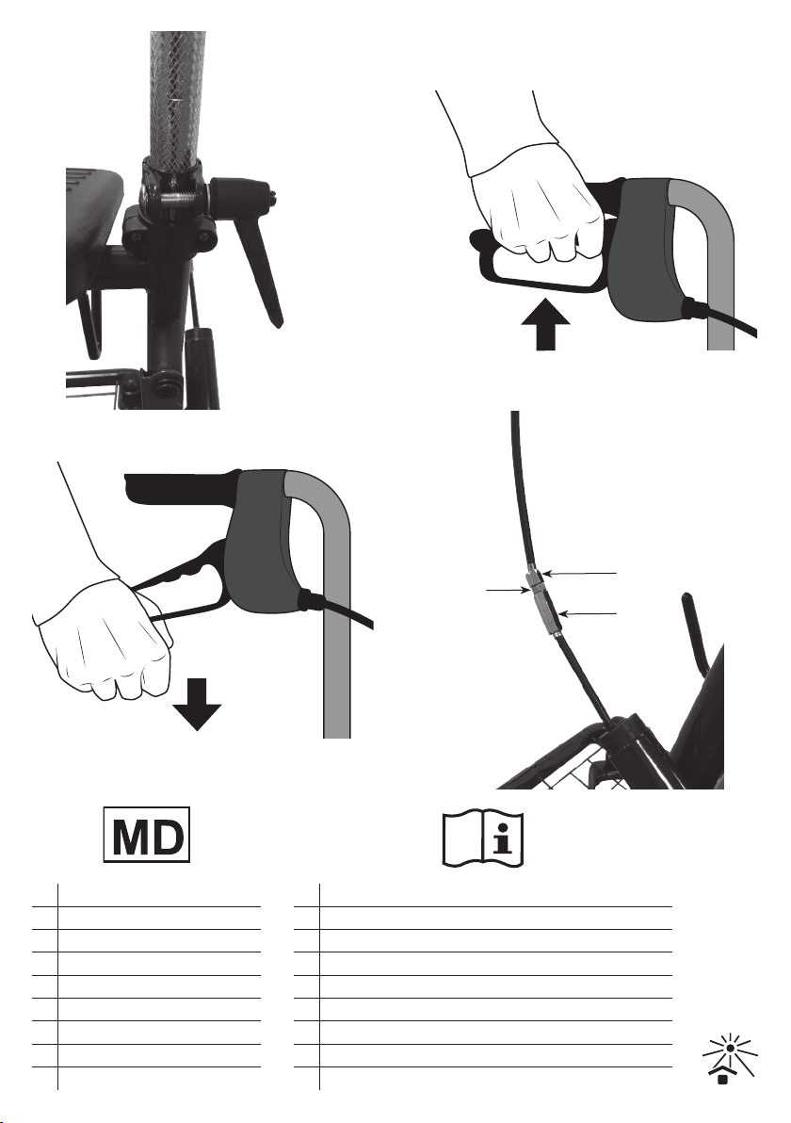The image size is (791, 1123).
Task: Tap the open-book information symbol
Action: click(x=483, y=838)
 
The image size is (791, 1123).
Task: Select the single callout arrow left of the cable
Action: click(x=508, y=590)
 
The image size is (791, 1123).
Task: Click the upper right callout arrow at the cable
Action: click(x=577, y=573)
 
